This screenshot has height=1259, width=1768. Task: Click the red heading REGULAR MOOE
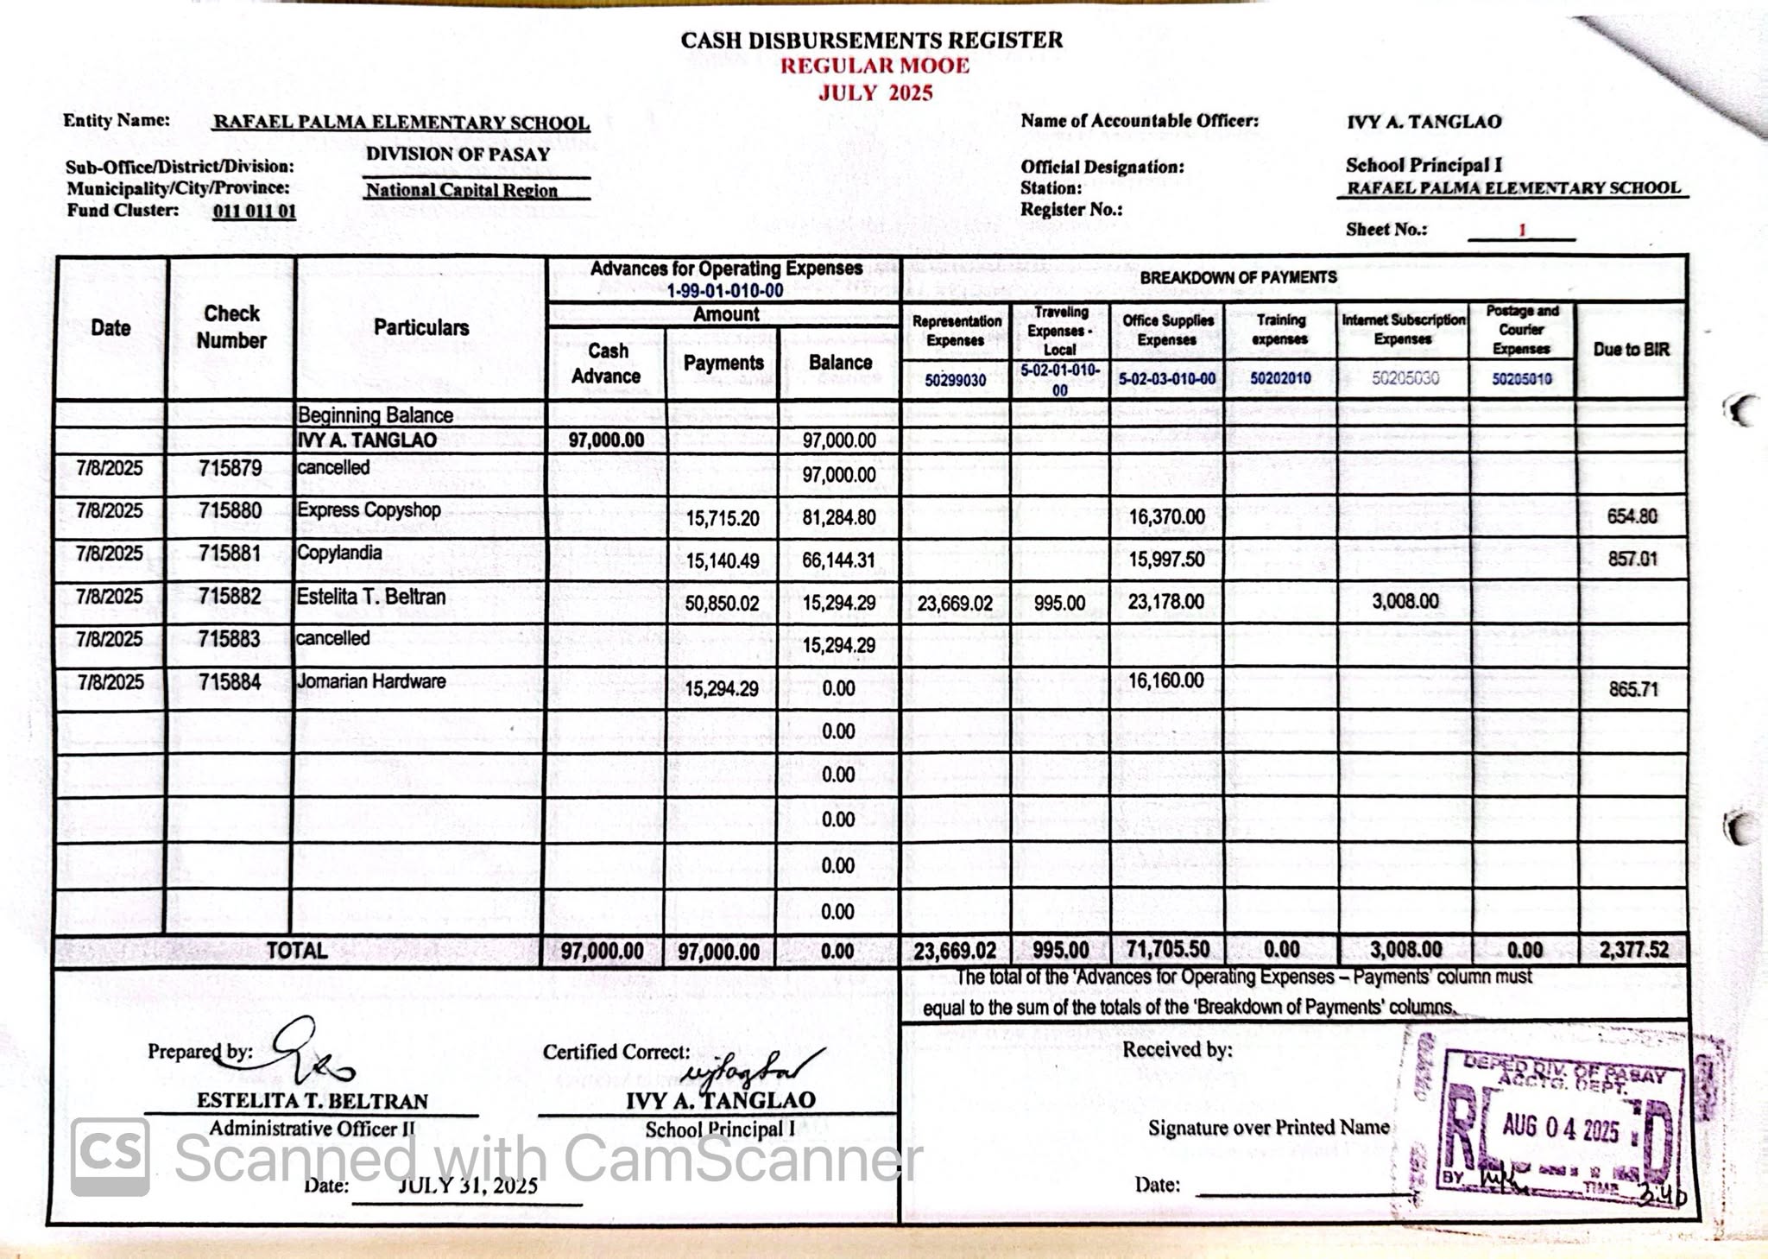tap(875, 66)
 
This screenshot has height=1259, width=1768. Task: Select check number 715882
tap(230, 597)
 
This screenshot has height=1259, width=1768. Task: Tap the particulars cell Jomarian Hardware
tap(371, 681)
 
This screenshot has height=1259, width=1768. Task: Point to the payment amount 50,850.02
tap(722, 604)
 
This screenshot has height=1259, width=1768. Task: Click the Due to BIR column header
tap(1631, 350)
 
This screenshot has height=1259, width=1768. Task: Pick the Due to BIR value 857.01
tap(1632, 559)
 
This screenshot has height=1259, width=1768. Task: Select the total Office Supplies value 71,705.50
tap(1167, 949)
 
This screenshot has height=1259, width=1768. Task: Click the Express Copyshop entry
tap(369, 509)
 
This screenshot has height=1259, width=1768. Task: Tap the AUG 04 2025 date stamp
tap(1560, 1128)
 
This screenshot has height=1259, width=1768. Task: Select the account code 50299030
tap(955, 380)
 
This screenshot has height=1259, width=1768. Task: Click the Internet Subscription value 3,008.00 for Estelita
tap(1405, 601)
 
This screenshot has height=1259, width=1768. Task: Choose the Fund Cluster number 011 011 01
tap(254, 211)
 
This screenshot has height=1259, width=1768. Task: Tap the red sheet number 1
tap(1522, 230)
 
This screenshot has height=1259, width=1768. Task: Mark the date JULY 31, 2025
tap(467, 1186)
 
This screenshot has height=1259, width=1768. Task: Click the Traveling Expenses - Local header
tap(1060, 331)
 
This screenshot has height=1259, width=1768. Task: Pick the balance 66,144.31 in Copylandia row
tap(838, 560)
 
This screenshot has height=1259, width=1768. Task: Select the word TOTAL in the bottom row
tap(296, 951)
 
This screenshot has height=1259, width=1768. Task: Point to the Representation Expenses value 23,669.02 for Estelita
tap(955, 604)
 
